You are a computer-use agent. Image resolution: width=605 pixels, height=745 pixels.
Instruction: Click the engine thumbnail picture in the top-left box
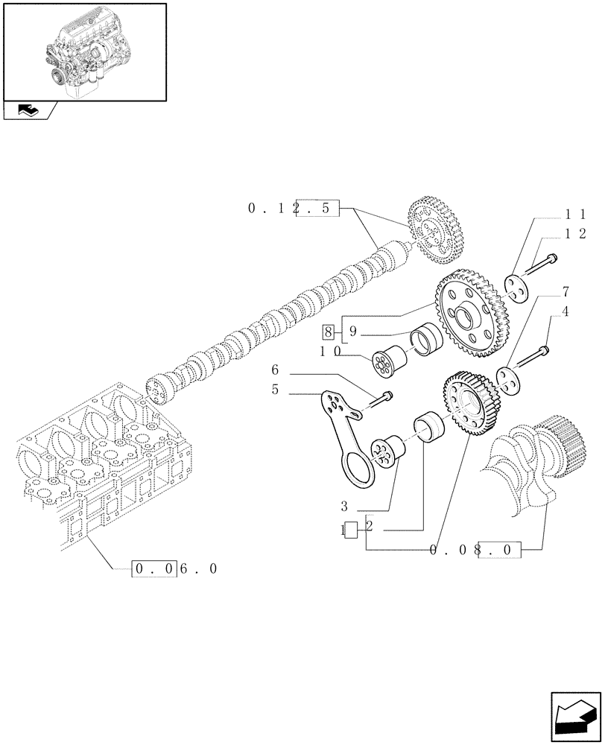pyautogui.click(x=83, y=51)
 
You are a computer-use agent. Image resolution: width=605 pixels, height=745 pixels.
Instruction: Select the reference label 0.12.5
pyautogui.click(x=294, y=209)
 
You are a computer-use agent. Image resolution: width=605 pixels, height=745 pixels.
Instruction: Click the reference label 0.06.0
pyautogui.click(x=176, y=569)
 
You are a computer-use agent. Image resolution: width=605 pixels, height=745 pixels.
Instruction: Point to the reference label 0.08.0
pyautogui.click(x=473, y=551)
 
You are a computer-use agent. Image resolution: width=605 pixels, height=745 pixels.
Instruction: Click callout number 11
pyautogui.click(x=574, y=213)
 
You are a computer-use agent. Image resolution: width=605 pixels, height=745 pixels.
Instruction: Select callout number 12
pyautogui.click(x=574, y=234)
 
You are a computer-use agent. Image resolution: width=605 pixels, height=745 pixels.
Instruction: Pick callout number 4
pyautogui.click(x=566, y=311)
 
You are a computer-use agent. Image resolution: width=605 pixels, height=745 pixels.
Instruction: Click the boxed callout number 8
pyautogui.click(x=328, y=331)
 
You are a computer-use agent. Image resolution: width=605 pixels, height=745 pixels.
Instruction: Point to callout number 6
pyautogui.click(x=275, y=370)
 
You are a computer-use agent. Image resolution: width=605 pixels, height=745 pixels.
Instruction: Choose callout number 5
pyautogui.click(x=275, y=389)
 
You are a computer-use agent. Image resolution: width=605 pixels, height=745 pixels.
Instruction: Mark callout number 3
pyautogui.click(x=344, y=507)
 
